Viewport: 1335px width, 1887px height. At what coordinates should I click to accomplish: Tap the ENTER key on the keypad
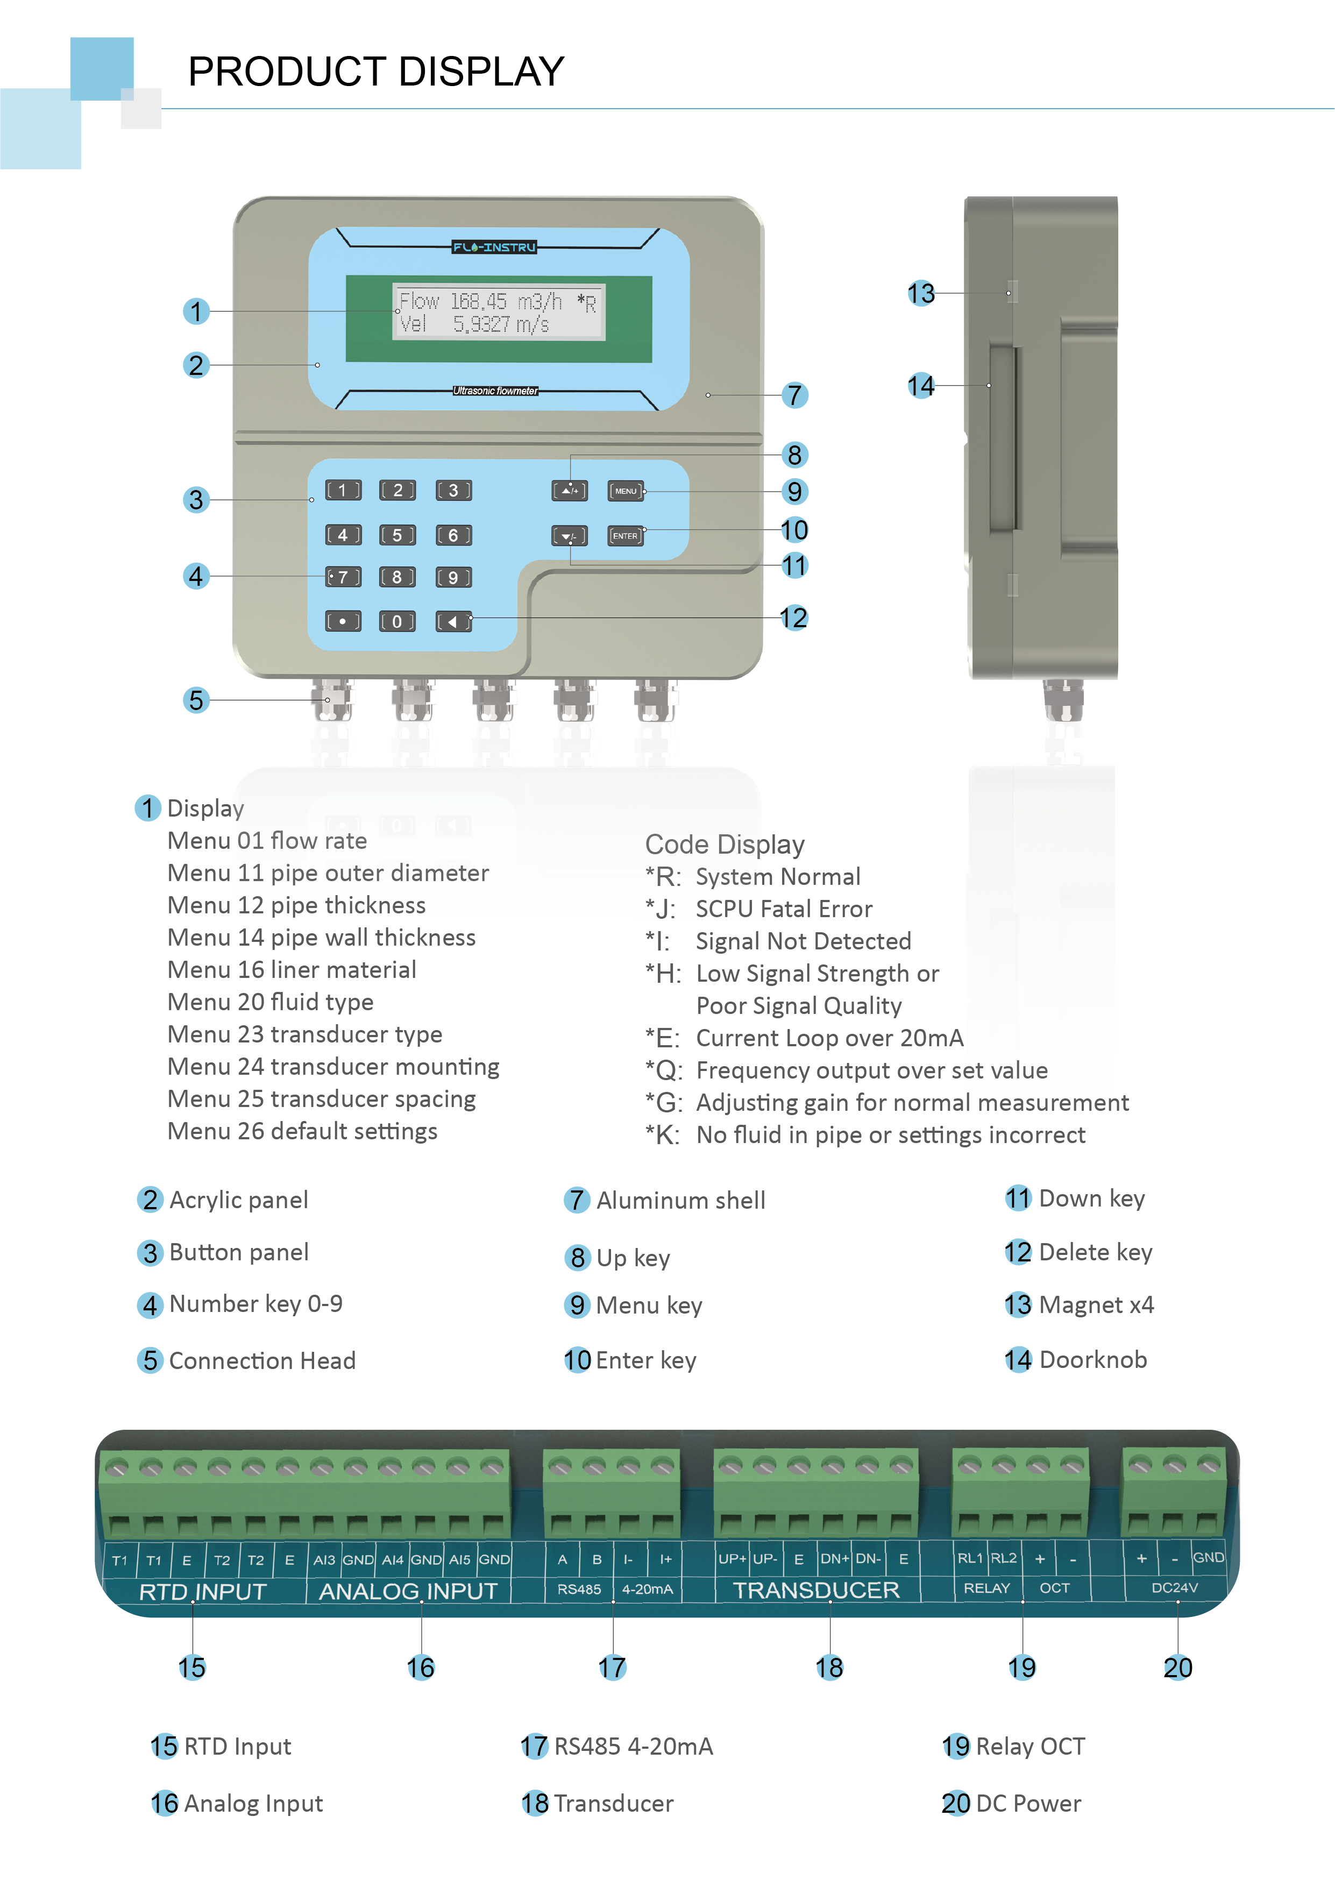click(x=626, y=536)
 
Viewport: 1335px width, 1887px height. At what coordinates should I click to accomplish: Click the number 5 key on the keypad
click(x=397, y=535)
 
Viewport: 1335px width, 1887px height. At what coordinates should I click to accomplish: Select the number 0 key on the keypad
click(x=397, y=621)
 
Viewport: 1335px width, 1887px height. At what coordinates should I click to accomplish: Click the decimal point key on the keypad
click(x=343, y=621)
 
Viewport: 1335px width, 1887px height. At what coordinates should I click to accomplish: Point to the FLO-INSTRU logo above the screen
click(x=494, y=246)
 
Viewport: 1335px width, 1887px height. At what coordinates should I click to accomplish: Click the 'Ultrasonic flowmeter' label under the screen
click(x=495, y=391)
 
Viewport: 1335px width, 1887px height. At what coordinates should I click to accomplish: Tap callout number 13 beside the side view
click(x=921, y=293)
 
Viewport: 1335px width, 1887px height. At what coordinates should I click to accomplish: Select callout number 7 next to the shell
click(x=794, y=395)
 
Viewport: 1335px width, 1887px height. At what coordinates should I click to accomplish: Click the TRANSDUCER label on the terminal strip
click(x=816, y=1590)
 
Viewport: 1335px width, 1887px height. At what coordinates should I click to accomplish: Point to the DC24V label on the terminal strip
click(x=1175, y=1588)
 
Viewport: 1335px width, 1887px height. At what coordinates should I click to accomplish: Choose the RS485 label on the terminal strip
click(x=579, y=1590)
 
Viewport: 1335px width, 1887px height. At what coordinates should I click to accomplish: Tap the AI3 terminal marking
click(x=324, y=1560)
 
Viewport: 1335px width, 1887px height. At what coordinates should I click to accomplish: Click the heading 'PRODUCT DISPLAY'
click(x=377, y=72)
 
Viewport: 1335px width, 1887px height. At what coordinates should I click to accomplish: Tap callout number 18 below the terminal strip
click(x=829, y=1668)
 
